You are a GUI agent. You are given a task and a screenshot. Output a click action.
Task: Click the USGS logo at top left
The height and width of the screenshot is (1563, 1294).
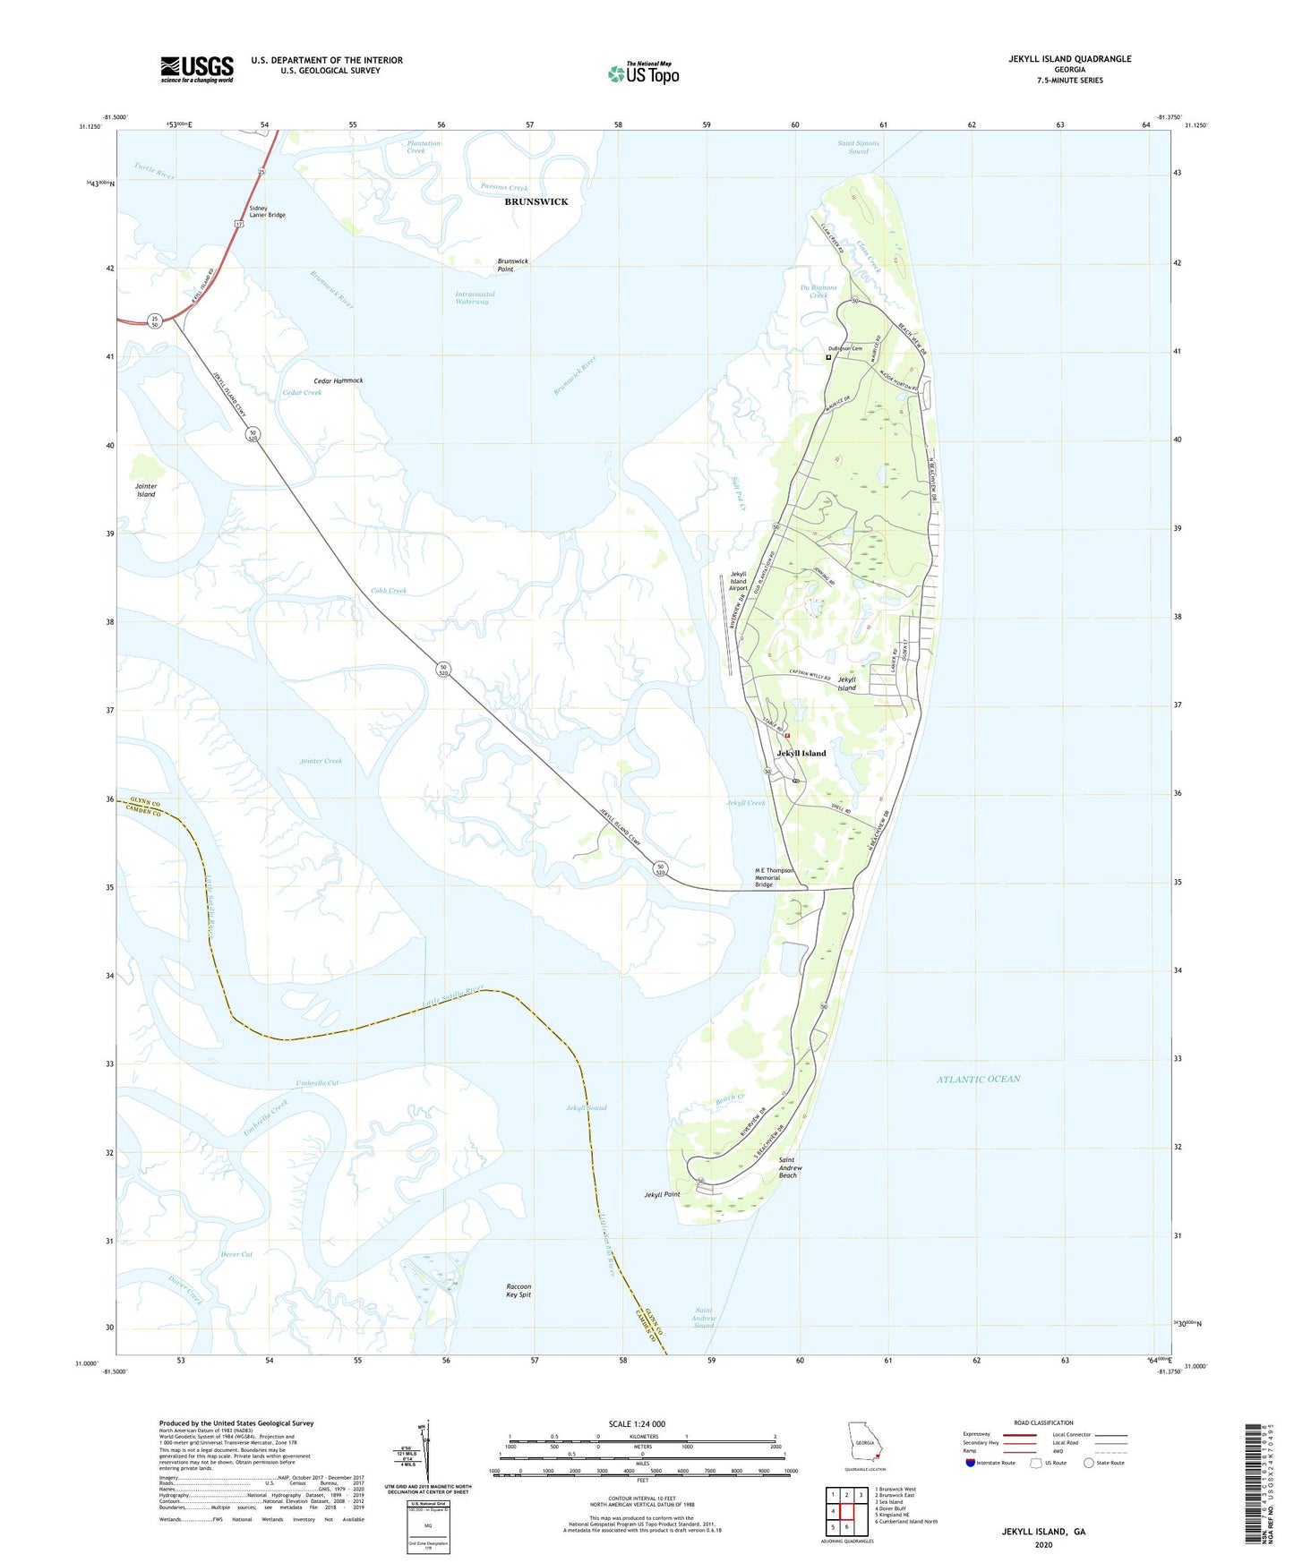197,69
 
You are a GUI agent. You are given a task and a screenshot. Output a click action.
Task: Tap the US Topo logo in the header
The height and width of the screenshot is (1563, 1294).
643,73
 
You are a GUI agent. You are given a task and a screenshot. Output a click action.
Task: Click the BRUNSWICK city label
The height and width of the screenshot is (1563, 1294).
536,201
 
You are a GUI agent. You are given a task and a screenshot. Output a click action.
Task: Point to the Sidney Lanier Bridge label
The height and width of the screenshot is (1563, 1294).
267,211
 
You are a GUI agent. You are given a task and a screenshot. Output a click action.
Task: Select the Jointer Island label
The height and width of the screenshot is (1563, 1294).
146,490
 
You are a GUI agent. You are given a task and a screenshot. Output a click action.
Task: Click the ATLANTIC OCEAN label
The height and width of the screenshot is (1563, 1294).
978,1079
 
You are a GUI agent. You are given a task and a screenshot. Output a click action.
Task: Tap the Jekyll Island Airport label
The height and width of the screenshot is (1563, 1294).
738,581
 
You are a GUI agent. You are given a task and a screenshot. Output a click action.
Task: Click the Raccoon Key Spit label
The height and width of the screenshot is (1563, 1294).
518,1290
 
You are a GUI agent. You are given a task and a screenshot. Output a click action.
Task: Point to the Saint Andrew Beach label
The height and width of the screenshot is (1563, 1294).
789,1167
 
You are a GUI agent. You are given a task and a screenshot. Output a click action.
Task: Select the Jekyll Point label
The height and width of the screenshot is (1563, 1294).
662,1194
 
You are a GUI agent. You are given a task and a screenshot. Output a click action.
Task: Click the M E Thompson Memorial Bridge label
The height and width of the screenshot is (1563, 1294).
775,877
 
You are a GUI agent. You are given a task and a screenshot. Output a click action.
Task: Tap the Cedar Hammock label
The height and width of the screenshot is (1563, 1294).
338,380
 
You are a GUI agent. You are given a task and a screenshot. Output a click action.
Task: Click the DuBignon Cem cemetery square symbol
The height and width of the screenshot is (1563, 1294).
828,357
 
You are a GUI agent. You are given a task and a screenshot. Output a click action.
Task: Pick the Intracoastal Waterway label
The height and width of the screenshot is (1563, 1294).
475,297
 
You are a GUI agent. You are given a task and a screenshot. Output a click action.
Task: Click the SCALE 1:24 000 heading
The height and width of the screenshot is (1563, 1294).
637,1423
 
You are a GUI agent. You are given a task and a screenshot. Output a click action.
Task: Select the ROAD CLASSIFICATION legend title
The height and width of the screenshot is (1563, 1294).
1043,1422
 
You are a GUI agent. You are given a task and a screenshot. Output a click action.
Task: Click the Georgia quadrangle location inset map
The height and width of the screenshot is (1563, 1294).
864,1446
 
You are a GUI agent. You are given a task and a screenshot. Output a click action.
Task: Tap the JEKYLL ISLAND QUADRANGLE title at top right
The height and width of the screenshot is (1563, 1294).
1069,59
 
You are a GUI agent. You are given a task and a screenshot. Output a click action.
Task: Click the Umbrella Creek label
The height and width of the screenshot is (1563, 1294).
266,1118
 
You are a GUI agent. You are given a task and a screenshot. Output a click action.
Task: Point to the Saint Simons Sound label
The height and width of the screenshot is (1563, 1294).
858,147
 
